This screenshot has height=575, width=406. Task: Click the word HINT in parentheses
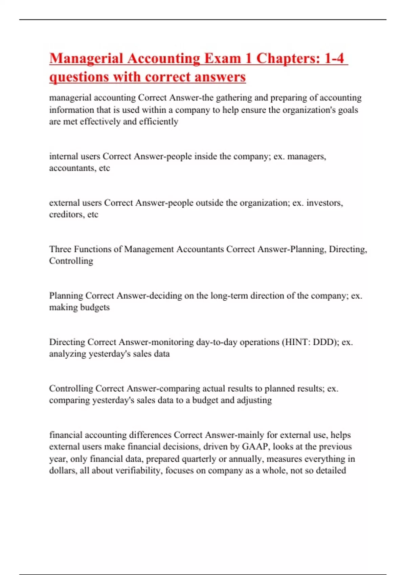point(297,342)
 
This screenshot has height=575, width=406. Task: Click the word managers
point(307,156)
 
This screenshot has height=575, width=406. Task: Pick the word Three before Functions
point(60,249)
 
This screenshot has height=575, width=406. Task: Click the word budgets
point(95,307)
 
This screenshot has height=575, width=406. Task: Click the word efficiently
point(158,122)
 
